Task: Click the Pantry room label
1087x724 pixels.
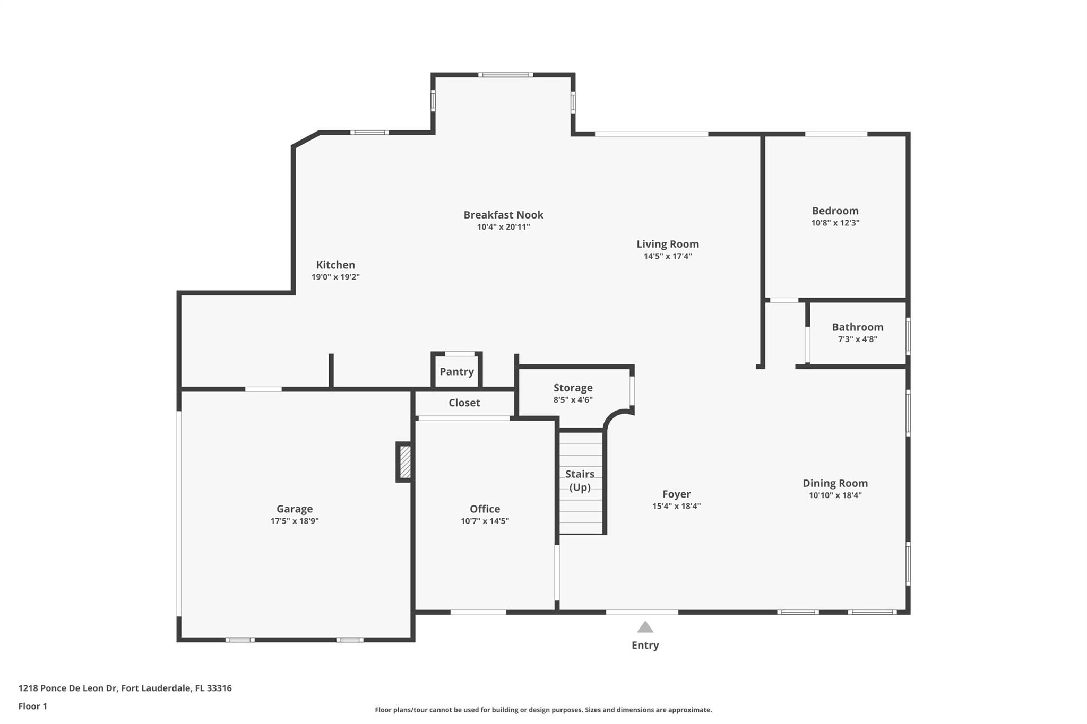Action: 456,372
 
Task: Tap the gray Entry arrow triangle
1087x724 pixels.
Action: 645,628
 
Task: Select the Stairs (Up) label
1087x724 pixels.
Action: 580,481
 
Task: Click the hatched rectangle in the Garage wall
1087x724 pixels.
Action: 405,462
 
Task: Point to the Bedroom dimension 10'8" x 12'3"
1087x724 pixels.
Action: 835,223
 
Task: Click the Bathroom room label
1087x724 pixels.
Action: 857,327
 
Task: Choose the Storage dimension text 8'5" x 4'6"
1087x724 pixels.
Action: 573,400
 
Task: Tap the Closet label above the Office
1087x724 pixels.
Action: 464,403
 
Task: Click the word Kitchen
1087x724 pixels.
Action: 335,265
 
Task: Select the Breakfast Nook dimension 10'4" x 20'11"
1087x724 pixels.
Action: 503,228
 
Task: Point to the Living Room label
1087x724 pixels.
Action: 667,245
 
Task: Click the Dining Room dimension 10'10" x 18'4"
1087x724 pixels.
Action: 835,495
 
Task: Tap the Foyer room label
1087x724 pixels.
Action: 676,494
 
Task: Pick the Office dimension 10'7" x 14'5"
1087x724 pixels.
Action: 485,521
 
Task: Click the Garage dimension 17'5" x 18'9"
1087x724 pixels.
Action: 295,521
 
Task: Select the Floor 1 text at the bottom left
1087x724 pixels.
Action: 33,706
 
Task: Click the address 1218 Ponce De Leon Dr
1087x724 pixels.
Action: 68,688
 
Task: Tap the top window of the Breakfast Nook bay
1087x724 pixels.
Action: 505,75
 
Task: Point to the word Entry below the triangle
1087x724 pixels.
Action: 645,646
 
